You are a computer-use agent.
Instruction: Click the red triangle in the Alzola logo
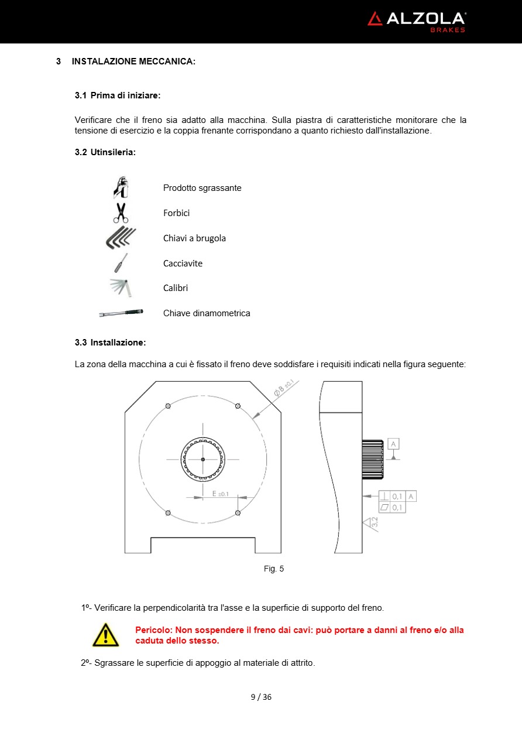pos(375,19)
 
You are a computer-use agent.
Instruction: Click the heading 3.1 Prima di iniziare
pos(118,95)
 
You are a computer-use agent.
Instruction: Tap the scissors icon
pos(121,213)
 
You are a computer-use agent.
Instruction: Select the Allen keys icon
pos(121,238)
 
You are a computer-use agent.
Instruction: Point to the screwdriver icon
pos(121,263)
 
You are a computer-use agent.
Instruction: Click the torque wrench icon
pos(121,313)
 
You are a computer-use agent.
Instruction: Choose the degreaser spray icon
pos(121,187)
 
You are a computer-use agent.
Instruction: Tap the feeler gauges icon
pos(122,288)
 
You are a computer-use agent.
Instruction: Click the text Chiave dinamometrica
pos(207,313)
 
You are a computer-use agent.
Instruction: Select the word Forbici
pos(176,213)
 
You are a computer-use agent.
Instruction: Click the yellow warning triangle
pos(105,635)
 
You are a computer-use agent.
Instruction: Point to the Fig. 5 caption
pos(274,569)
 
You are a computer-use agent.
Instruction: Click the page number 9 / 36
pos(261,697)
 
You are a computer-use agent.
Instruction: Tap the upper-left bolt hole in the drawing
pos(168,406)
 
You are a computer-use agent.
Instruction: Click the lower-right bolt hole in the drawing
pos(238,513)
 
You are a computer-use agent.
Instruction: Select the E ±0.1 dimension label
pos(220,494)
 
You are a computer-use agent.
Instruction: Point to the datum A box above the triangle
pos(393,444)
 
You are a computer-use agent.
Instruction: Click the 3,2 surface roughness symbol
pos(372,523)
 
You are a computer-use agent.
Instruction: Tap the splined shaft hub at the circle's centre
pos(202,459)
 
